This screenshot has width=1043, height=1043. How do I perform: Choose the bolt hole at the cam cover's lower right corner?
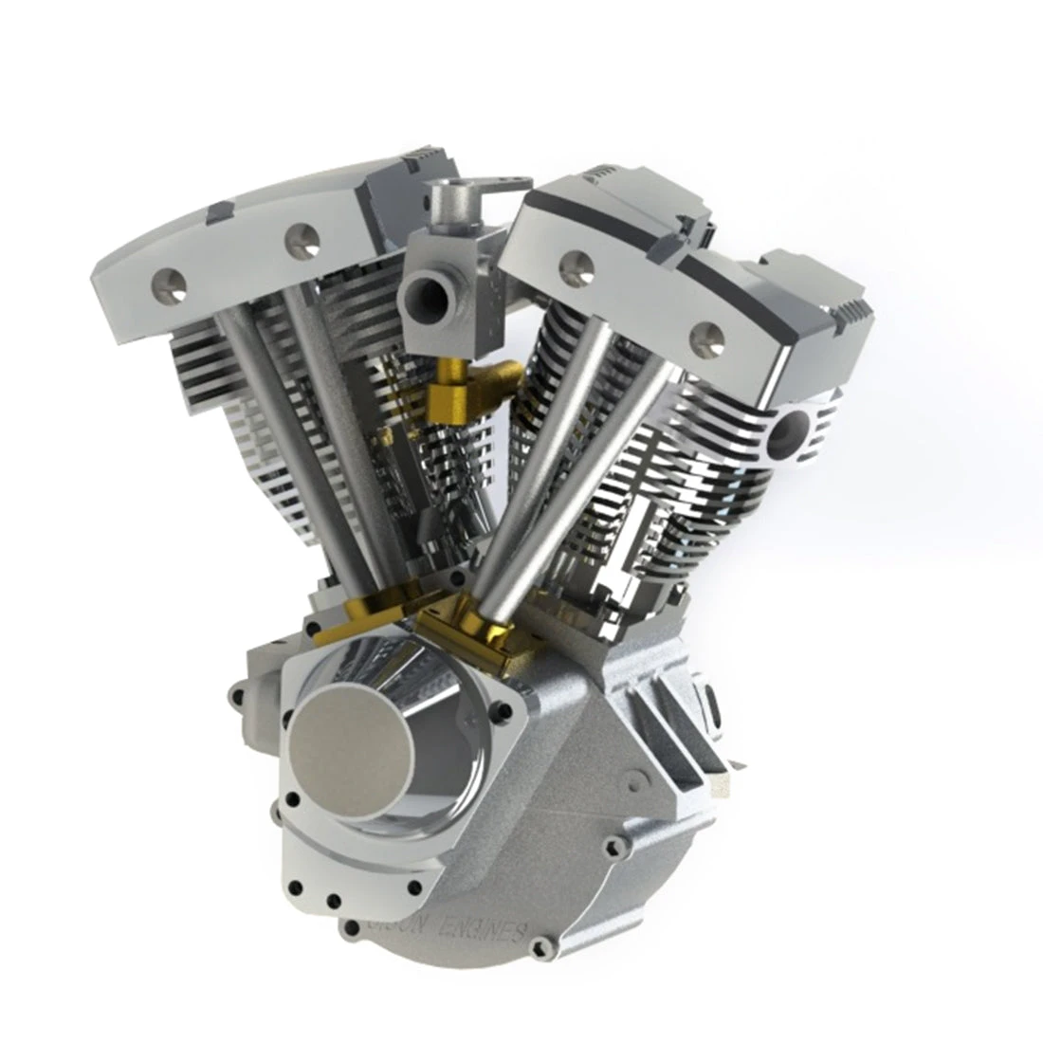click(x=413, y=887)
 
